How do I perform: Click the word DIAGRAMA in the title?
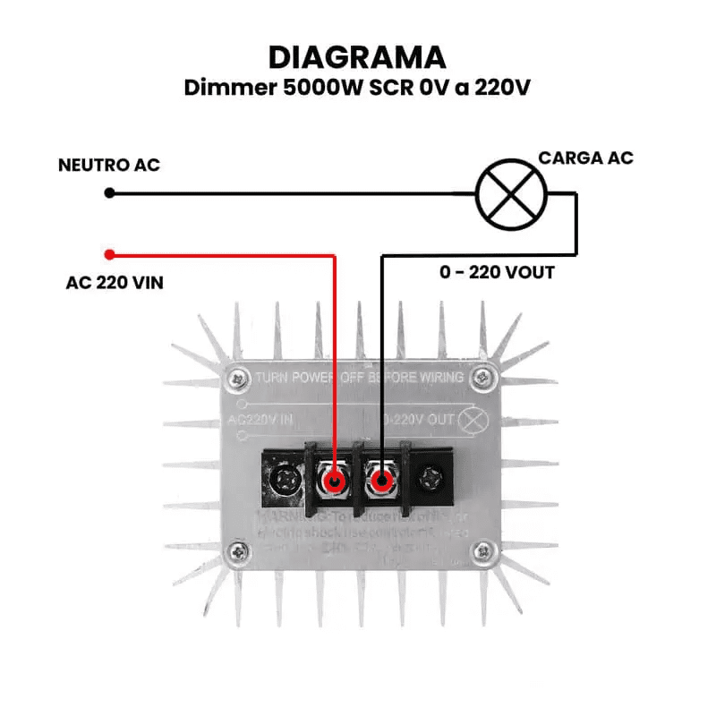tap(357, 57)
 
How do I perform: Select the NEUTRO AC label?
tap(109, 166)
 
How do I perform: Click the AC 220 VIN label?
tap(115, 283)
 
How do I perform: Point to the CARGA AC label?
tap(585, 158)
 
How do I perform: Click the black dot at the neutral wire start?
tap(109, 192)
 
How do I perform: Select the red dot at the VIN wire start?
tap(109, 253)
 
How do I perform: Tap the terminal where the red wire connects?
tap(336, 483)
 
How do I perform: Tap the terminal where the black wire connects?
tap(382, 483)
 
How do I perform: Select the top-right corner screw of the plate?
tap(483, 376)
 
